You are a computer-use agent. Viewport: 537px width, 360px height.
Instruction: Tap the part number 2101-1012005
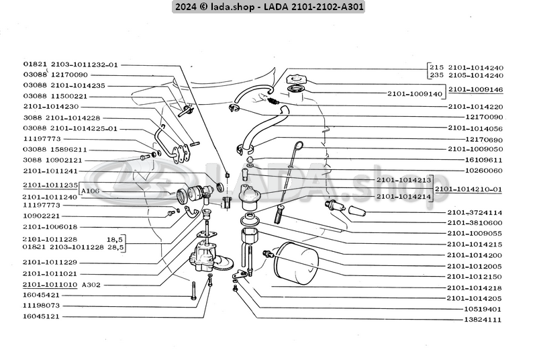(475, 266)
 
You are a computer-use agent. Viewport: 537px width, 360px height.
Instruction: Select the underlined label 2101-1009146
(475, 89)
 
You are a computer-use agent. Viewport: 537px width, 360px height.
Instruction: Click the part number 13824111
(475, 320)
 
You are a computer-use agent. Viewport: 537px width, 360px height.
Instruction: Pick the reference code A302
(91, 285)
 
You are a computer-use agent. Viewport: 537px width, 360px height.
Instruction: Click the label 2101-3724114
(475, 212)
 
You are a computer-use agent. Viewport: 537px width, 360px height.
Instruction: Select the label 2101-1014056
(475, 128)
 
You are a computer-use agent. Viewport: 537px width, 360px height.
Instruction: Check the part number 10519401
(475, 309)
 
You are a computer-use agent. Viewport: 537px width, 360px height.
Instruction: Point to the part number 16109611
(475, 160)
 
